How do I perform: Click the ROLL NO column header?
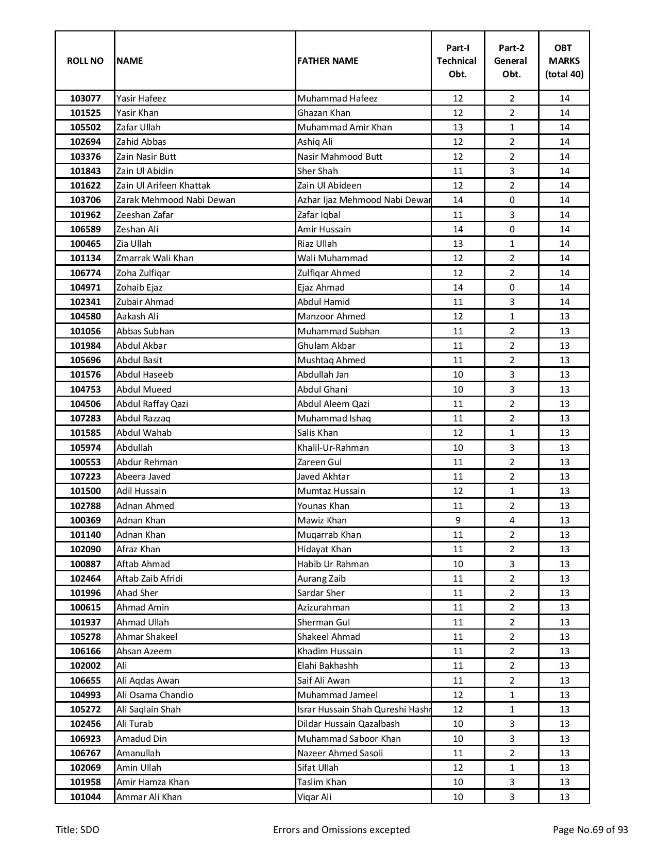tap(85, 61)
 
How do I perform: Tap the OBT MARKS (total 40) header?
tap(564, 61)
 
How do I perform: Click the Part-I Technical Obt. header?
tap(457, 61)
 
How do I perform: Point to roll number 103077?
tap(85, 98)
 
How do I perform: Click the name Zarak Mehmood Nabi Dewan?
tap(176, 200)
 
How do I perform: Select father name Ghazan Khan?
tap(324, 113)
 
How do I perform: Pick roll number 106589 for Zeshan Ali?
tap(85, 229)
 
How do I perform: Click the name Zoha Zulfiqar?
tap(143, 273)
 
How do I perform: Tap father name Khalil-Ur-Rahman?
tap(333, 448)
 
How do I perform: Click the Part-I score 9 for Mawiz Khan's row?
tap(458, 520)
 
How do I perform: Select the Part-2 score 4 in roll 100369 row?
tap(512, 520)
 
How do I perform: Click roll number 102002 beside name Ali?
tap(85, 666)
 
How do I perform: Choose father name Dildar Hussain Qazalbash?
tap(348, 724)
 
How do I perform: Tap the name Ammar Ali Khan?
tap(149, 797)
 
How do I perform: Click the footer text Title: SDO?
tap(77, 829)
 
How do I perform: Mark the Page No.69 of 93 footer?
tap(590, 829)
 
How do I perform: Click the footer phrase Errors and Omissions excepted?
tap(341, 829)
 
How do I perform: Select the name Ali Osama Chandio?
tap(155, 695)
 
